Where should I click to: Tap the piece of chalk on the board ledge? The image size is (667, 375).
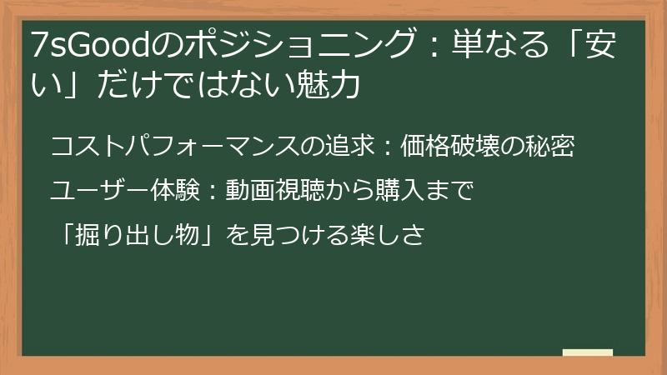[587, 352]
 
